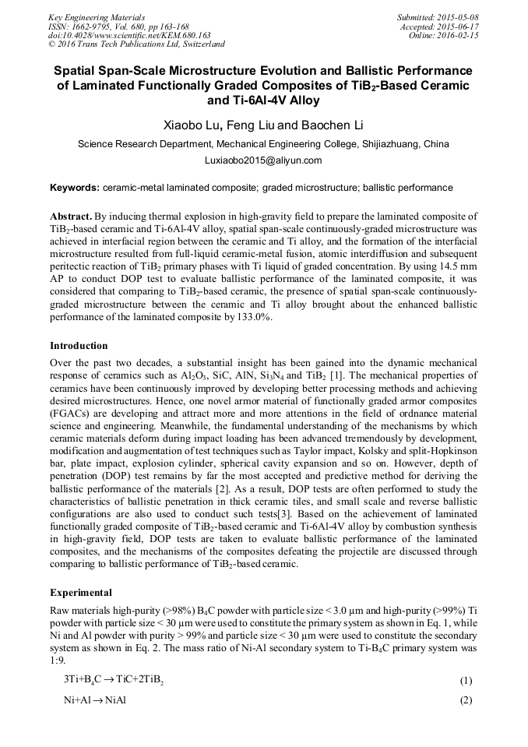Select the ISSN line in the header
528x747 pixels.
click(x=118, y=26)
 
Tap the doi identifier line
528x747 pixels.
click(x=129, y=35)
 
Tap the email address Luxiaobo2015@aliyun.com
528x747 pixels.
click(x=263, y=160)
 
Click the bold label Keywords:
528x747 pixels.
click(x=75, y=188)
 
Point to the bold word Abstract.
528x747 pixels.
click(x=71, y=216)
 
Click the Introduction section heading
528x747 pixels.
click(x=79, y=345)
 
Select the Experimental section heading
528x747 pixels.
click(x=80, y=592)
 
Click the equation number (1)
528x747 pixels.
click(x=466, y=681)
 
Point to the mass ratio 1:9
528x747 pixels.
click(x=58, y=661)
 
